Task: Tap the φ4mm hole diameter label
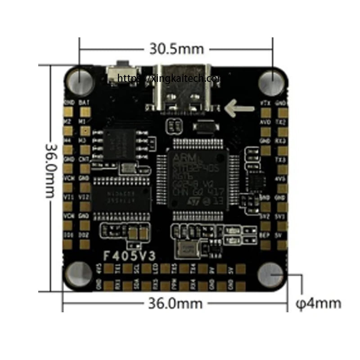pyautogui.click(x=318, y=303)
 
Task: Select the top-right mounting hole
pyautogui.click(x=272, y=80)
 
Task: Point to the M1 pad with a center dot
pyautogui.click(x=84, y=131)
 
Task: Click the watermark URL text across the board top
pyautogui.click(x=169, y=78)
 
